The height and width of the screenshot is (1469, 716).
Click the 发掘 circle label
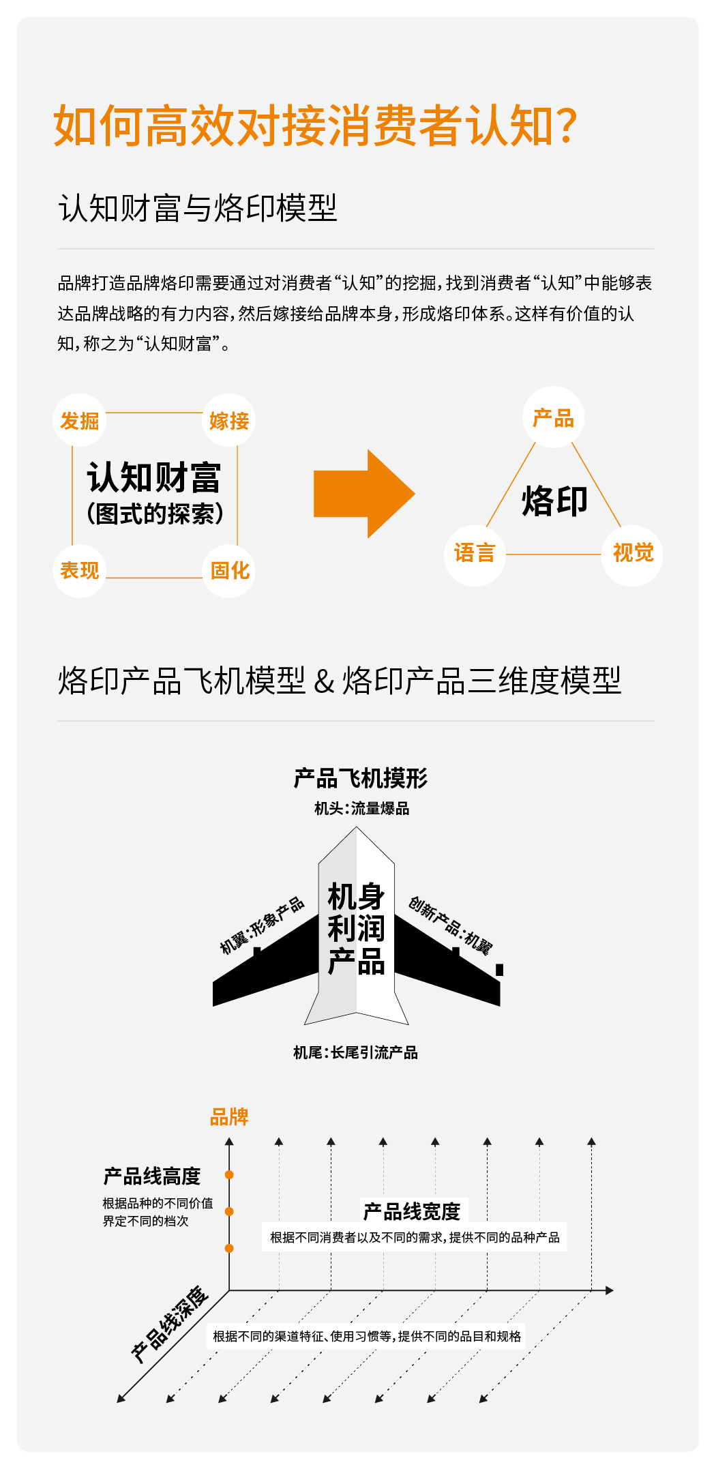point(80,420)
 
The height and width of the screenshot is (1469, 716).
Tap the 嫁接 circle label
point(229,420)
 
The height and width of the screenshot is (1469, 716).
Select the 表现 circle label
point(80,570)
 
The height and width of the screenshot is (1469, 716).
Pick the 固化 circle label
point(229,570)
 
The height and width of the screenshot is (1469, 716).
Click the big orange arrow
point(364,494)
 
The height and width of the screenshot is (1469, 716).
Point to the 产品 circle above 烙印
point(553,417)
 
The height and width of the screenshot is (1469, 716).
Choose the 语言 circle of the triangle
point(475,553)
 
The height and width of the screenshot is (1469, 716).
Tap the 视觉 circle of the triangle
point(633,553)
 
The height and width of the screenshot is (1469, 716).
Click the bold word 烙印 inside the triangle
point(554,501)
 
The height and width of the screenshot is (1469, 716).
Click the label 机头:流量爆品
point(361,809)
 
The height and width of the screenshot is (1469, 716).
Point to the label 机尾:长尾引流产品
point(355,1053)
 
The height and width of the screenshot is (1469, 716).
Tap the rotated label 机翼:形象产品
point(262,925)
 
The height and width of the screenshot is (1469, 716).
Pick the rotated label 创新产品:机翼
point(450,925)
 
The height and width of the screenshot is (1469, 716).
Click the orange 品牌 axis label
point(229,1117)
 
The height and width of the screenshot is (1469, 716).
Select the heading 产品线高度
point(152,1176)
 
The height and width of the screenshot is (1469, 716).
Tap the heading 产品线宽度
point(412,1212)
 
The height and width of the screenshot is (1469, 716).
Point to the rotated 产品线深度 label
point(170,1324)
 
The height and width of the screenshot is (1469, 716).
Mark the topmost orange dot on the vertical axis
point(229,1174)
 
